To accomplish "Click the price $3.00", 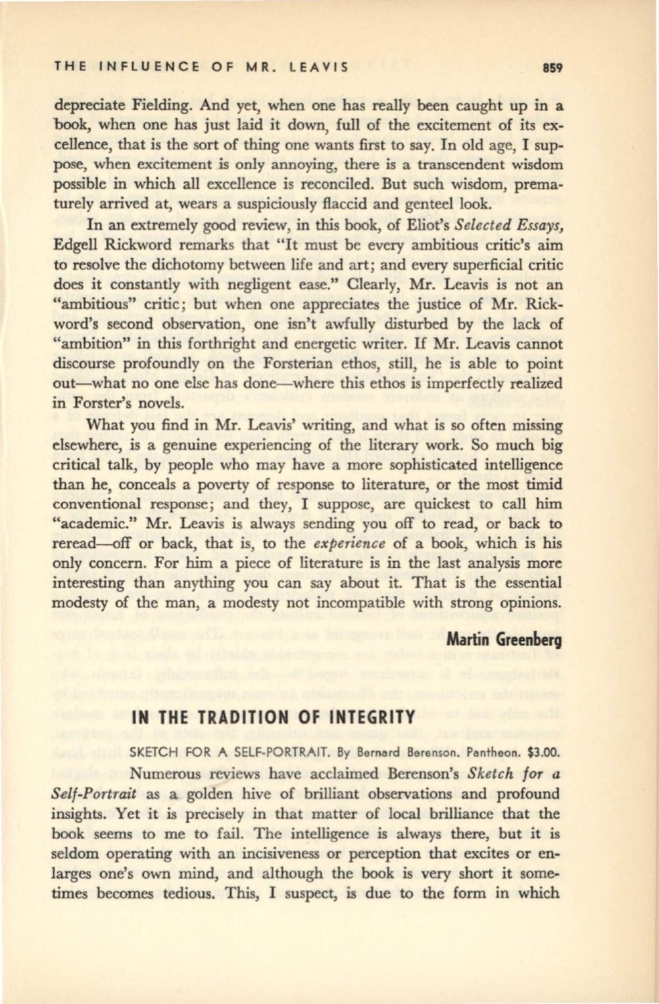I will pyautogui.click(x=536, y=750).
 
